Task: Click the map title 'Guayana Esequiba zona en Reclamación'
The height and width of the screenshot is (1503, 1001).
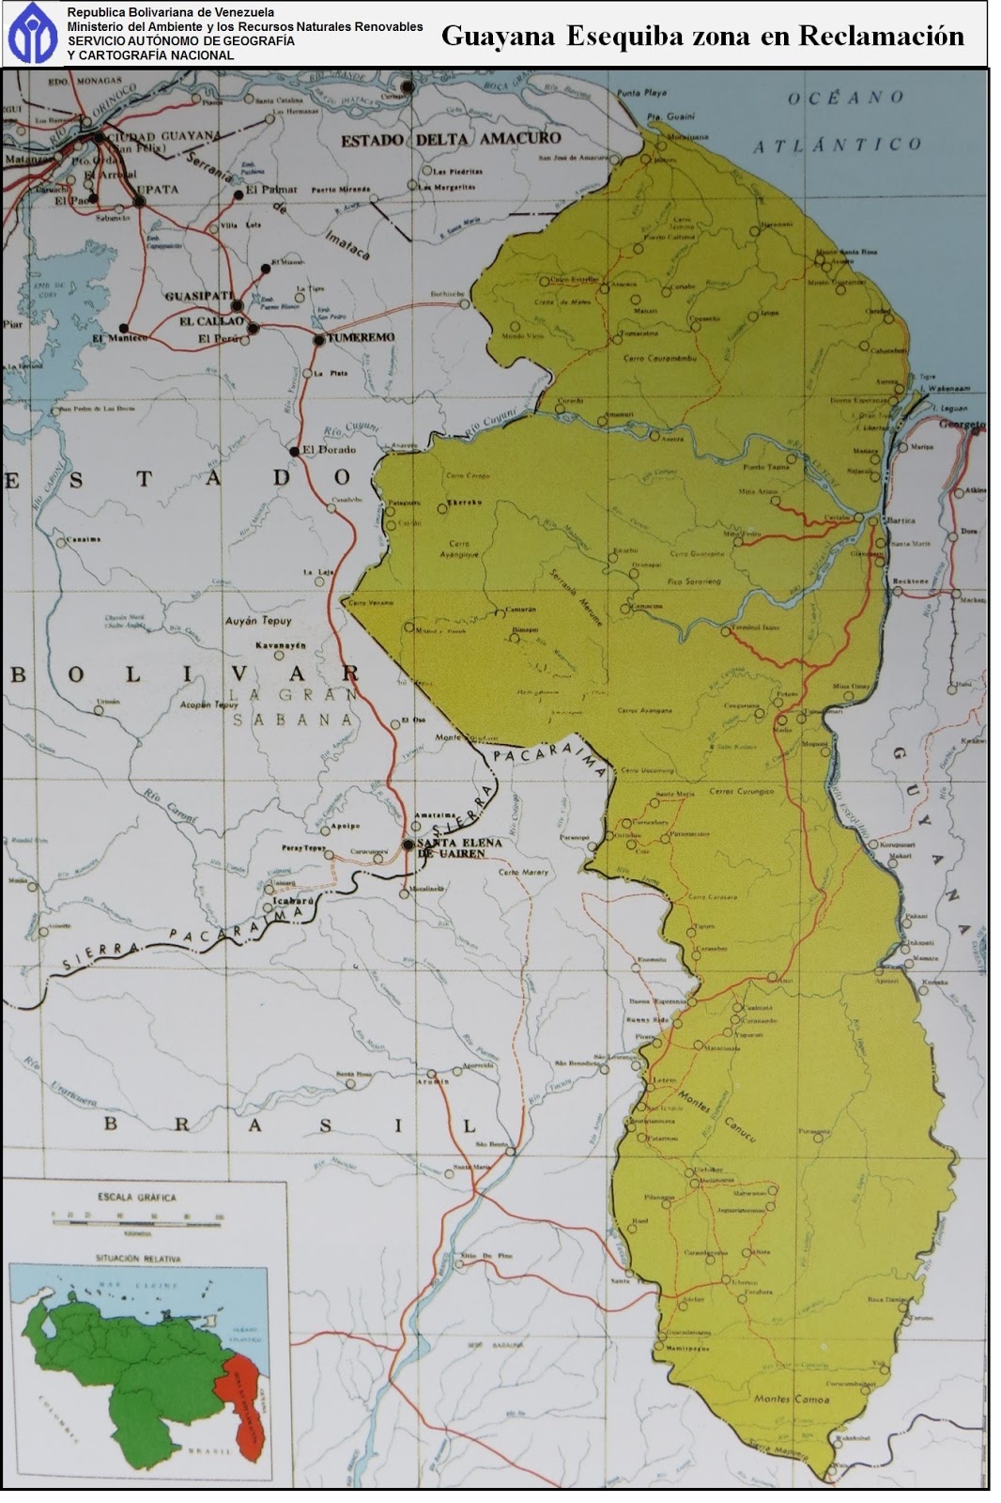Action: pos(702,36)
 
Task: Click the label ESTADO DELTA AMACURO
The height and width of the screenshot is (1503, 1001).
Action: pos(450,139)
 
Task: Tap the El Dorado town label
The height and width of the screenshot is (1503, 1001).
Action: pos(329,450)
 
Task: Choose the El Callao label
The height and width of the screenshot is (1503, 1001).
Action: pos(212,321)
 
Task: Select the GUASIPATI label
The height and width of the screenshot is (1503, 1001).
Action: pos(198,296)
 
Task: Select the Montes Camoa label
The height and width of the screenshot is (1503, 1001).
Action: pos(792,1400)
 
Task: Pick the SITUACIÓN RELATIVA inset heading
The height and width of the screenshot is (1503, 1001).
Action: pos(138,1257)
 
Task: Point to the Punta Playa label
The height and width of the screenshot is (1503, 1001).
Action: pos(641,94)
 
